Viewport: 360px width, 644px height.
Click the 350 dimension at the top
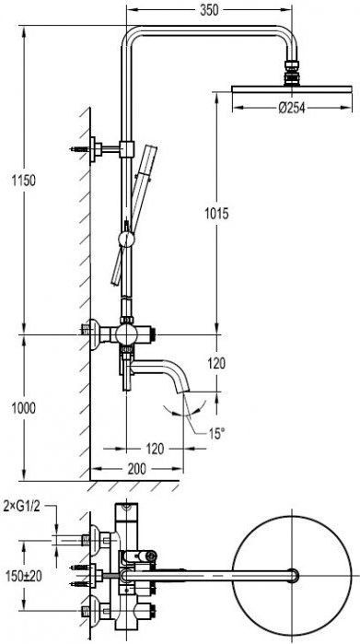click(209, 11)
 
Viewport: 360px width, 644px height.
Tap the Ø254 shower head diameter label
click(292, 108)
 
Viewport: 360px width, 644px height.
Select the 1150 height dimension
click(23, 180)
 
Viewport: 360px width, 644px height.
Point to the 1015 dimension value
click(216, 214)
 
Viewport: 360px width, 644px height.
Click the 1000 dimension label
click(23, 408)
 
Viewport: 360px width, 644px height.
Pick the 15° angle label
click(216, 433)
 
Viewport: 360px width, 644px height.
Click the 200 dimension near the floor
click(136, 469)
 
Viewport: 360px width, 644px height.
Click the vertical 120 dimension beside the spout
click(216, 363)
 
